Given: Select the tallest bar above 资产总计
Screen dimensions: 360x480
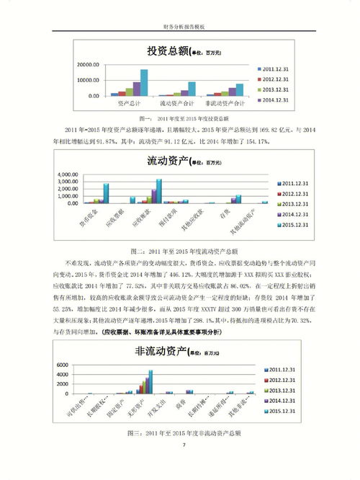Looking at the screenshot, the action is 143,82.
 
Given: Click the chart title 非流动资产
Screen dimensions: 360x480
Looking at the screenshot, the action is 158,352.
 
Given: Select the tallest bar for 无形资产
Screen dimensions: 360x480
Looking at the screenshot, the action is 151,382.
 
